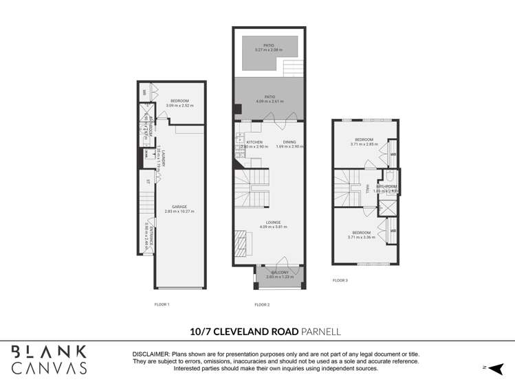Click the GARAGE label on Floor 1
(179, 207)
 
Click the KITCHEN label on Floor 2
(245, 142)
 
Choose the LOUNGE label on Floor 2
(269, 222)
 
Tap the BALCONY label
(278, 273)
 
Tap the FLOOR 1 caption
(162, 304)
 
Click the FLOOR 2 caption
(261, 304)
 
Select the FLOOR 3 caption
(340, 280)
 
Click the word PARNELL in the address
(321, 331)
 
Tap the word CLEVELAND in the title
(256, 331)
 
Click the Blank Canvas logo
(49, 359)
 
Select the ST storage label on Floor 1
(148, 181)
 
